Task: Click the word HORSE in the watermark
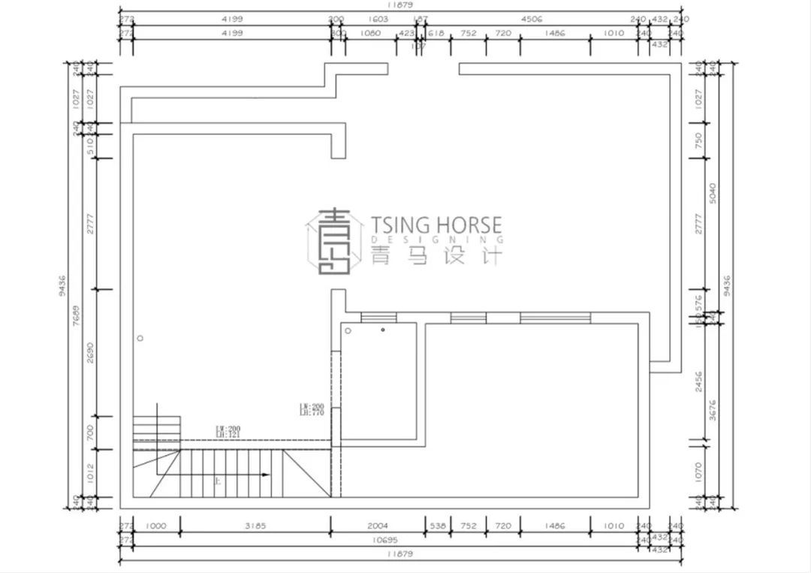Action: (x=467, y=225)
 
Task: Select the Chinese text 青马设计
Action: (x=436, y=257)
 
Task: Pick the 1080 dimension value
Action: (x=371, y=33)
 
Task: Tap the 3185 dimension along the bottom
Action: (x=255, y=526)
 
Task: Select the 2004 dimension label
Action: (x=378, y=526)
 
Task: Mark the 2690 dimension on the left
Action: (x=90, y=353)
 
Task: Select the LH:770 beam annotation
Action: (x=311, y=412)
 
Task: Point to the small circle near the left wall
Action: (x=140, y=339)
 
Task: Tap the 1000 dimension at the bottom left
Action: (x=155, y=526)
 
